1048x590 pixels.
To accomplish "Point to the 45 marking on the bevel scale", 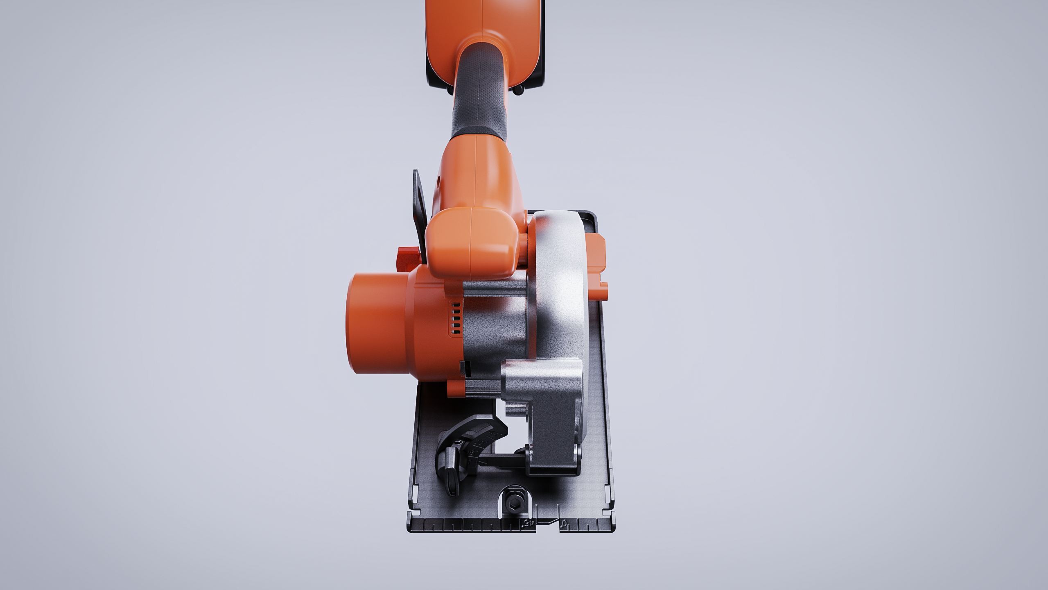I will click(495, 434).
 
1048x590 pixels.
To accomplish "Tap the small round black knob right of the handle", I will click(519, 90).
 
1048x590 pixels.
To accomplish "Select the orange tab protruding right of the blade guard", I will click(597, 262).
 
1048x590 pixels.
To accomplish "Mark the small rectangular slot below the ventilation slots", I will click(463, 369).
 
